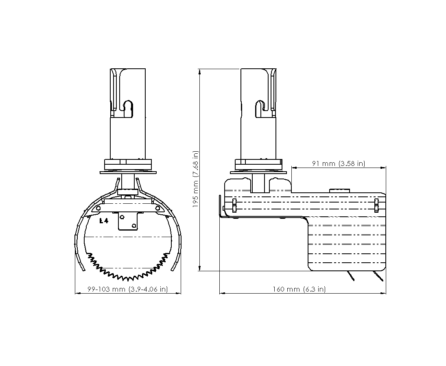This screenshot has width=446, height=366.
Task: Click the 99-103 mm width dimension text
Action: [128, 289]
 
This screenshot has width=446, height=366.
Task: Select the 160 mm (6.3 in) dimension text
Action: [299, 289]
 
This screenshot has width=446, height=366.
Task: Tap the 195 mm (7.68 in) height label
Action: [195, 179]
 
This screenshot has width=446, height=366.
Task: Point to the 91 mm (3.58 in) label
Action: [339, 163]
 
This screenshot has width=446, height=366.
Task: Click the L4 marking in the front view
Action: [104, 221]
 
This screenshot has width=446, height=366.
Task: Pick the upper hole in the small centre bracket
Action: [122, 217]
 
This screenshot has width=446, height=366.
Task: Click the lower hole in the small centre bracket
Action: [134, 226]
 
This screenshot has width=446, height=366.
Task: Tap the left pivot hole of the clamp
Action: [98, 209]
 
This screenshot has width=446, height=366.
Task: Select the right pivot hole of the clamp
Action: [157, 209]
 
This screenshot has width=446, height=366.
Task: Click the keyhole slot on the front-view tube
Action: [128, 109]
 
